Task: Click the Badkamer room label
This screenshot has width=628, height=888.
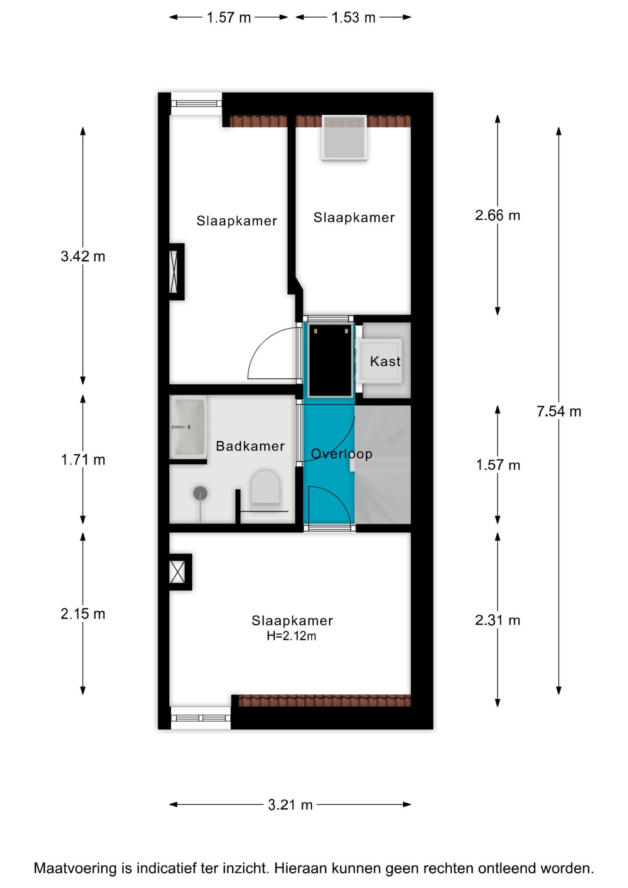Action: (250, 446)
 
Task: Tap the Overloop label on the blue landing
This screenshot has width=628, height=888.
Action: (342, 454)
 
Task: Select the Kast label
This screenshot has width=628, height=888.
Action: (385, 361)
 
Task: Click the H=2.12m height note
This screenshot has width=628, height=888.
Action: (291, 636)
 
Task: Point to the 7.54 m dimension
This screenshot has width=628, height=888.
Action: (559, 411)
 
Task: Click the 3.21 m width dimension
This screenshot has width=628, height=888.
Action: (290, 805)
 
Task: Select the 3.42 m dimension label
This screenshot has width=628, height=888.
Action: (83, 256)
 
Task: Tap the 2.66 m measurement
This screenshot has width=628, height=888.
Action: (498, 215)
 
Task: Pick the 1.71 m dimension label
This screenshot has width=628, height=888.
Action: (83, 460)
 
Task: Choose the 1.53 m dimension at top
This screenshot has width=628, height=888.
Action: (353, 18)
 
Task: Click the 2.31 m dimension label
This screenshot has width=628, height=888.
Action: (498, 620)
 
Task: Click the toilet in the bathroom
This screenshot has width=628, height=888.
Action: (265, 487)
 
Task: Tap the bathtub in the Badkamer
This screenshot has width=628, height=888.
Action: (188, 427)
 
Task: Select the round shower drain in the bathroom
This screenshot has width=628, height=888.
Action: (200, 493)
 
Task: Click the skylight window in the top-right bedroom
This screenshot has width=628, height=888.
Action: (345, 137)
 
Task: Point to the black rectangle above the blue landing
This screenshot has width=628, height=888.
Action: (330, 360)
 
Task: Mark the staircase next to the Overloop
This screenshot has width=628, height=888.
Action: (382, 464)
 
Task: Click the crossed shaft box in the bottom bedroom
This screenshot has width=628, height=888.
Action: (178, 572)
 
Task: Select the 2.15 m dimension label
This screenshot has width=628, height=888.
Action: (83, 614)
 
